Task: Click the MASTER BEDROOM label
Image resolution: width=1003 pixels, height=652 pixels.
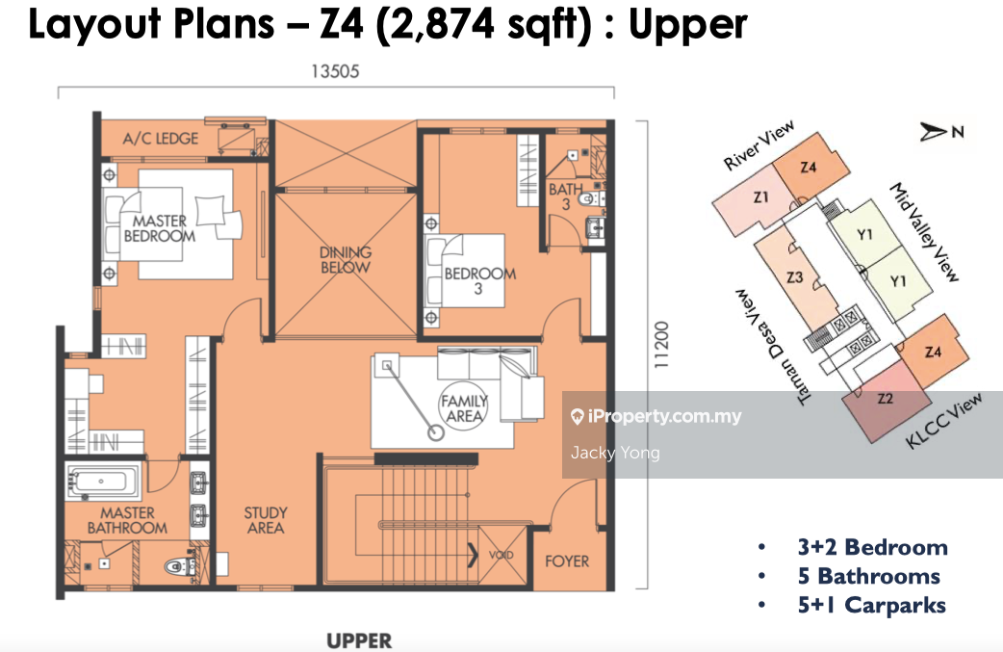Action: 159,228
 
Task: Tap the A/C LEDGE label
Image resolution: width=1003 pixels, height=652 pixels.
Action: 161,139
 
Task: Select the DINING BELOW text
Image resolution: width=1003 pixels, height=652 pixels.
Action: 346,260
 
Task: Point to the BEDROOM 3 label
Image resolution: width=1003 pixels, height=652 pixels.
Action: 479,281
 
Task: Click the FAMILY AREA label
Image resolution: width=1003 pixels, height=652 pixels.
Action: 464,408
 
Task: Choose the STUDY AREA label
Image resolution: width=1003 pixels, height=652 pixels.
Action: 266,520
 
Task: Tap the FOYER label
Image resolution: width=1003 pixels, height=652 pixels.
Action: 567,561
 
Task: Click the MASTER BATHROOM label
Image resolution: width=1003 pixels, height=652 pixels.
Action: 127,520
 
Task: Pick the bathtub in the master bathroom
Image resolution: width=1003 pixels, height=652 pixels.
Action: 103,482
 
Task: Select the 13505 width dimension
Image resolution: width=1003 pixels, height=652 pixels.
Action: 335,71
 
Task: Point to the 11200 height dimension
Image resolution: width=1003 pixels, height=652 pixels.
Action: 661,344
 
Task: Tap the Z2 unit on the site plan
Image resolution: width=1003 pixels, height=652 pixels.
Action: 886,400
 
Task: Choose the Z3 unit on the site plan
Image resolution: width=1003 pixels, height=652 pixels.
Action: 795,277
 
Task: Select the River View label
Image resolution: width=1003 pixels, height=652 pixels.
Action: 759,145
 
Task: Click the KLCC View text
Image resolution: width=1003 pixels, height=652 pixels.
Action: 944,421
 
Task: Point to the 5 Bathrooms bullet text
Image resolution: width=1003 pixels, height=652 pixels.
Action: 868,577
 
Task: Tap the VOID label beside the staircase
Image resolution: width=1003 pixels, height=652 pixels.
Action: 501,555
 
